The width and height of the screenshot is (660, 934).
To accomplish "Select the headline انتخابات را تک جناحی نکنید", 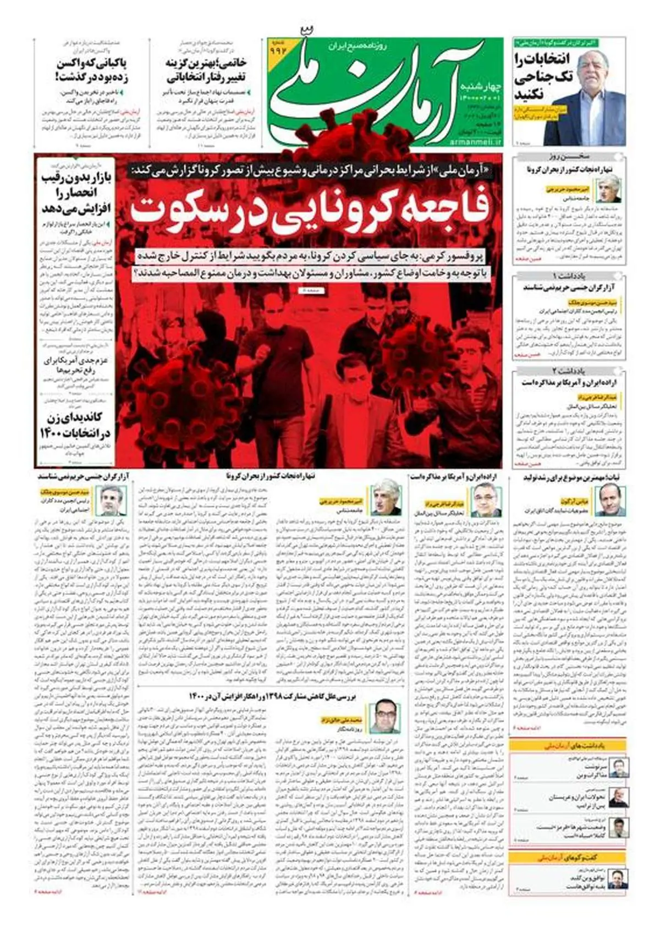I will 536,77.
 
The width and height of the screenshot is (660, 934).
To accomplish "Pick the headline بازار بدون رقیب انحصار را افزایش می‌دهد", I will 77,193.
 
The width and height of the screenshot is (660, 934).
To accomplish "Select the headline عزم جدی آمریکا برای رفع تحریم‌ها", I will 77,365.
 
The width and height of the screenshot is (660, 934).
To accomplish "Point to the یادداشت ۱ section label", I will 570,275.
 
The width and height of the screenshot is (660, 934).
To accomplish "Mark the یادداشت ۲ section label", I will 570,371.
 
